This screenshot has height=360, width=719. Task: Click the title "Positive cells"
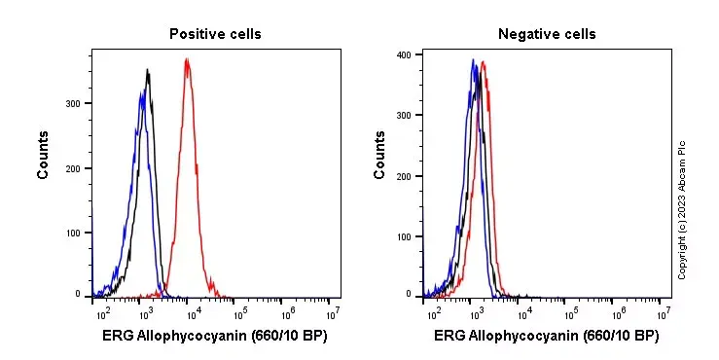coord(215,34)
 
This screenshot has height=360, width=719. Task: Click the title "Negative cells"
coord(547,34)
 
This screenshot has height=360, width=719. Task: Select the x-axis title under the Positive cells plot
coord(215,337)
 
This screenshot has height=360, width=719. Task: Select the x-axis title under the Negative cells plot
coord(547,337)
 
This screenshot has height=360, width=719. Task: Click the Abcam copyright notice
coord(682,209)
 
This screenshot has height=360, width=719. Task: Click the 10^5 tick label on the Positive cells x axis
coord(239,312)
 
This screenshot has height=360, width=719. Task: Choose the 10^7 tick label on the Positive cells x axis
coord(333,312)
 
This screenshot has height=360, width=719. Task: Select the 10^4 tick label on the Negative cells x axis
coord(524,312)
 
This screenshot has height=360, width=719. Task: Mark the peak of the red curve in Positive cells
coord(187,59)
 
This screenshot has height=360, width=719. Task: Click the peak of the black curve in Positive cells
coord(147,70)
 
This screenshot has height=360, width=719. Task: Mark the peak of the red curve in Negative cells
coord(484,63)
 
